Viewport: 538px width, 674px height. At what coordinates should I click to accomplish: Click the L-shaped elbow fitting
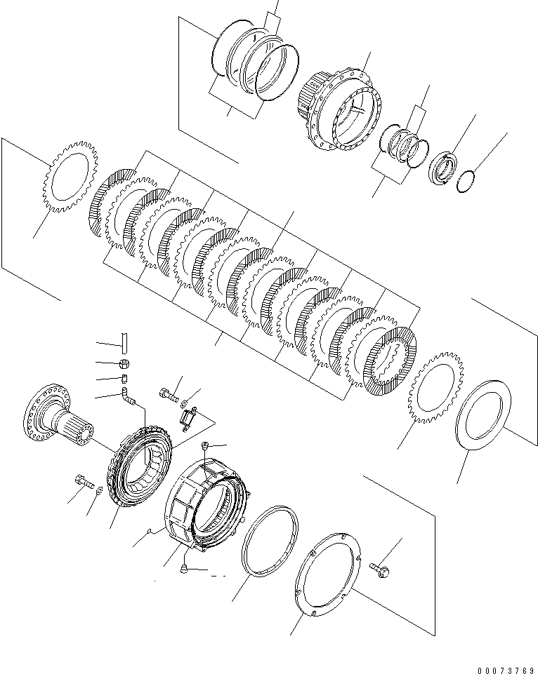point(129,399)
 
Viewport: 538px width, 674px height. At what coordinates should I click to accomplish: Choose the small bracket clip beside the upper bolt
point(188,419)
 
